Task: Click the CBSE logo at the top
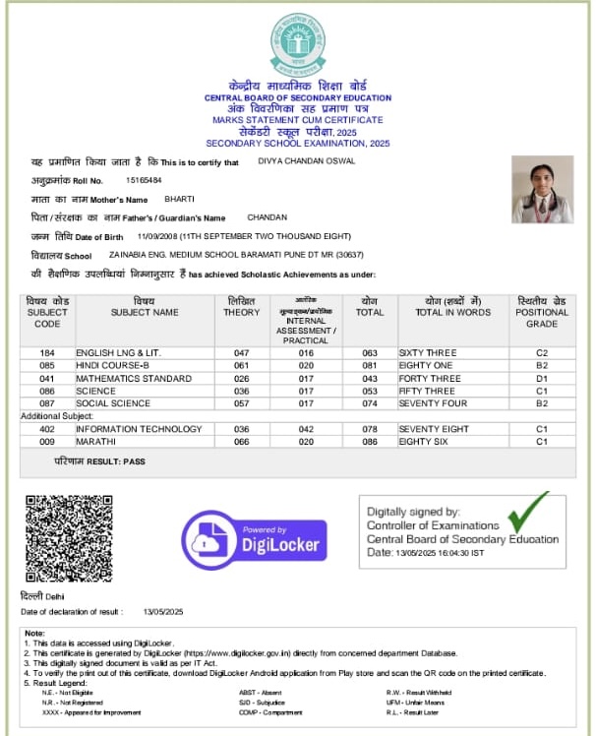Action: pos(297,45)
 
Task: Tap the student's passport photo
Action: pos(542,190)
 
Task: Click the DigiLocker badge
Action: pos(254,540)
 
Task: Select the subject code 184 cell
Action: pos(47,352)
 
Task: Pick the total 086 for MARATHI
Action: pos(370,442)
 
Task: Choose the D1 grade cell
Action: pos(541,378)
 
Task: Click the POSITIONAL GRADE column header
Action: pos(541,312)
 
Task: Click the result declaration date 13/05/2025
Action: pos(163,612)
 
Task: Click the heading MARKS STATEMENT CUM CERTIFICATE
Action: pos(297,119)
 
